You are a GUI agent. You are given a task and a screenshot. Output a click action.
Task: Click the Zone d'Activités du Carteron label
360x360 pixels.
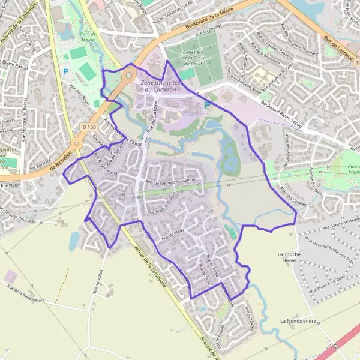coord(159,85)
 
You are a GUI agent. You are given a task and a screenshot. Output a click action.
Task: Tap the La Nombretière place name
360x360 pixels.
coord(298,321)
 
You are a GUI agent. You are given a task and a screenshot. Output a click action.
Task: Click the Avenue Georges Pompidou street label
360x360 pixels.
coord(173,181)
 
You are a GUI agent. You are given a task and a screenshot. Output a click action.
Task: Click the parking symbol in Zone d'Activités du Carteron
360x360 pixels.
coord(207,105)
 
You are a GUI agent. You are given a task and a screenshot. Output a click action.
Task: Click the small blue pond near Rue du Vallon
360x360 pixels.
coord(73,242)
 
